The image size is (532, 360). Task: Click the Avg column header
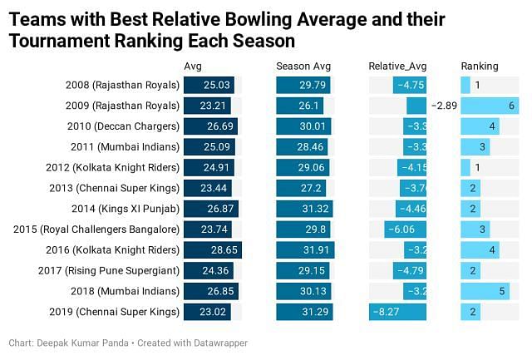point(192,66)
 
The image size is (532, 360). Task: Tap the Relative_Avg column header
point(397,66)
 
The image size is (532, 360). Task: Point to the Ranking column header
point(480,66)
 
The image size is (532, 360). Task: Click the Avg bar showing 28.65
point(212,250)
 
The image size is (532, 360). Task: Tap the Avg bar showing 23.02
point(208,312)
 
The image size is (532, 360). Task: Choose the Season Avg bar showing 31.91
point(304,250)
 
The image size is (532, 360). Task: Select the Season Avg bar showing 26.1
point(300,106)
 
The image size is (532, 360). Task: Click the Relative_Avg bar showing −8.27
point(398,312)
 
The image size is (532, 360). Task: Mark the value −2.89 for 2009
point(444,106)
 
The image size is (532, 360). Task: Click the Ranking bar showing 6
point(490,106)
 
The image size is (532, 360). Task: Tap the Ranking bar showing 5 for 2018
point(485,291)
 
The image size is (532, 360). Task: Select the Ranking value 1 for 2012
point(478,167)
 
